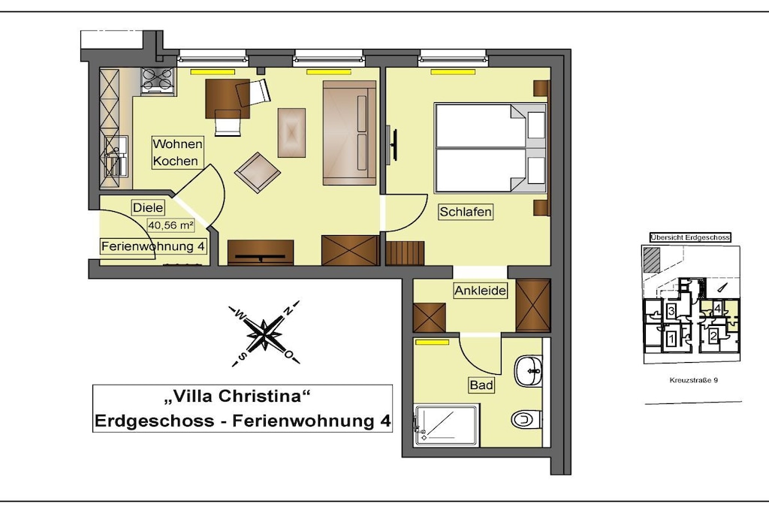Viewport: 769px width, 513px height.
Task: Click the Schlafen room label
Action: point(465,212)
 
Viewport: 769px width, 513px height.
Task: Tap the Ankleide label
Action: point(480,291)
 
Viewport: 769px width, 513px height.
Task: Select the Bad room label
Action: point(481,385)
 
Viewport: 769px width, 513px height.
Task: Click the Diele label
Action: point(148,207)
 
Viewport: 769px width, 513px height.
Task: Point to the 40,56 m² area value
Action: point(170,225)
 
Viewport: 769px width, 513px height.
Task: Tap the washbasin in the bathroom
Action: point(528,371)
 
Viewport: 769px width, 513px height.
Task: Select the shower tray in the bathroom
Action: point(446,425)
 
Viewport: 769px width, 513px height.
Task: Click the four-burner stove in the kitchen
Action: point(158,80)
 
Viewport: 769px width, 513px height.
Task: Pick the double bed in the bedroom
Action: point(490,148)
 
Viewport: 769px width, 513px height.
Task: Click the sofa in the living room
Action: point(349,133)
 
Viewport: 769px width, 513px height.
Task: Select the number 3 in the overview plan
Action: point(671,310)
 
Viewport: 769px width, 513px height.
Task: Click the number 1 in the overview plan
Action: point(671,338)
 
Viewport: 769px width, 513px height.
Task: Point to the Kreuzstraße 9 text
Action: point(693,380)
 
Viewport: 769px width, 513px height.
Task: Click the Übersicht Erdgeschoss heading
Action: point(690,237)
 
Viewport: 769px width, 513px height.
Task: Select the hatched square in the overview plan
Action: point(652,259)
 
